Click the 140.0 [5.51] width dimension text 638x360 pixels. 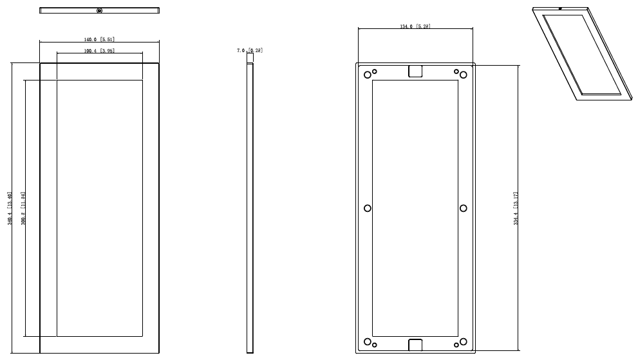(99, 39)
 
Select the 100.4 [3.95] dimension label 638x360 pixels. (99, 50)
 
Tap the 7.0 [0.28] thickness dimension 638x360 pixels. (250, 50)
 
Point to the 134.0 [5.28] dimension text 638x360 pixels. (415, 26)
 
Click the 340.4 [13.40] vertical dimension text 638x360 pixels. (10, 208)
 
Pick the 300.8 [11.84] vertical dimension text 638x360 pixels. (23, 208)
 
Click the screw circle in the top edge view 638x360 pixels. (99, 10)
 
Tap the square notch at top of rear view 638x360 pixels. (415, 71)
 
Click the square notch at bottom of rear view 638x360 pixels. (415, 345)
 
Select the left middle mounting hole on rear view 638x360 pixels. (368, 208)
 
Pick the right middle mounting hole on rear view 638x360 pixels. (464, 208)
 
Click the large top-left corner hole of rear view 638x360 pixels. (368, 75)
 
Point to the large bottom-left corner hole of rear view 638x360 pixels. (368, 341)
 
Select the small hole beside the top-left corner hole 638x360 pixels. (375, 71)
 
